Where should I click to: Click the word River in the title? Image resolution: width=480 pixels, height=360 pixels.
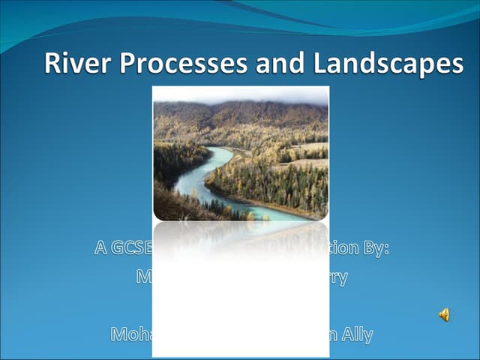71,64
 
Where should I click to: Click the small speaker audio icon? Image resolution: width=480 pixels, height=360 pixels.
444,315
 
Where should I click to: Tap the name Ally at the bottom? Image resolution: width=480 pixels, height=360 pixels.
357,334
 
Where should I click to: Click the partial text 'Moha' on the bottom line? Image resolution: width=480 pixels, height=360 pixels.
131,334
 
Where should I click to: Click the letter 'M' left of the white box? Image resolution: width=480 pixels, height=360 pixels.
144,277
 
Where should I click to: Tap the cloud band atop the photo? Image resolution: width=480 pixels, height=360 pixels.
240,94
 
